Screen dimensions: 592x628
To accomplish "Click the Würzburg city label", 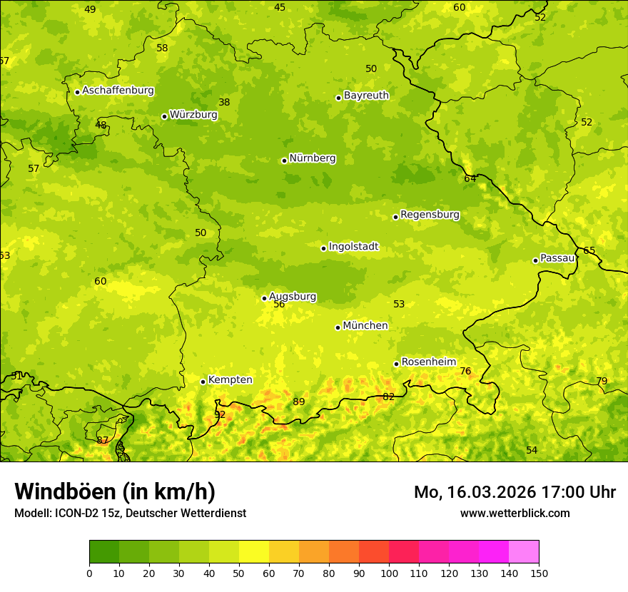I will (x=193, y=114).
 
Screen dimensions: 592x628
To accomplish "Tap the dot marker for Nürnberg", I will (x=284, y=160).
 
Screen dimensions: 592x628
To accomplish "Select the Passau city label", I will (x=557, y=258).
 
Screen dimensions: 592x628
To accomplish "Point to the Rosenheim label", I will (x=428, y=362).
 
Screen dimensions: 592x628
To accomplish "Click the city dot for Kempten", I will (x=203, y=382).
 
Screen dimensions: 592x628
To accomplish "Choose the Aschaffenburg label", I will (x=118, y=91).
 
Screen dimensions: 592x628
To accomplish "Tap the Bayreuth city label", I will (x=366, y=95).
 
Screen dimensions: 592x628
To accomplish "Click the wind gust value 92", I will (x=220, y=414).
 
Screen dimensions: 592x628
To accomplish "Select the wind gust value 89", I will (x=299, y=402).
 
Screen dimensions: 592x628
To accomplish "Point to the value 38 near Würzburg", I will (x=224, y=102).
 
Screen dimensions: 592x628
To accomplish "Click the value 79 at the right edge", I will (x=602, y=381).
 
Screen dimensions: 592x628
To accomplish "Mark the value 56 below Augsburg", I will (x=279, y=304).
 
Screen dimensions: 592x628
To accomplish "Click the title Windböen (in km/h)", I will (x=115, y=491).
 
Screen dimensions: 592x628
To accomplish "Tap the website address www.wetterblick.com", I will (x=515, y=513).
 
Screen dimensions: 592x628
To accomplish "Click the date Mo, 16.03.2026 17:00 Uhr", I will (x=515, y=492).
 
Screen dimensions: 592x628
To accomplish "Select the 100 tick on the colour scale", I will (x=389, y=573).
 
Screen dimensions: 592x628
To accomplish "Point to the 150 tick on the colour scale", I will (x=539, y=573).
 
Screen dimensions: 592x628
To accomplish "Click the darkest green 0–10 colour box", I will (x=104, y=552).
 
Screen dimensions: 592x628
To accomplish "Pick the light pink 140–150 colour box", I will (x=524, y=552).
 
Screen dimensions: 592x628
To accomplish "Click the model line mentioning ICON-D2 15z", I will (x=130, y=513).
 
